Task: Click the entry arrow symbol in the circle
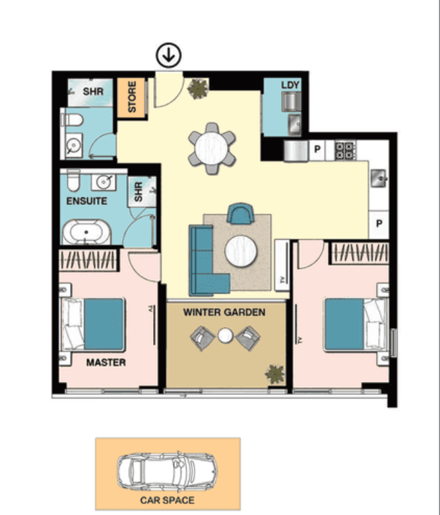pyautogui.click(x=168, y=55)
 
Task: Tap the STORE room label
pyautogui.click(x=132, y=97)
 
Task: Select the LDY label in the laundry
pyautogui.click(x=290, y=85)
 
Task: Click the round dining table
pyautogui.click(x=212, y=148)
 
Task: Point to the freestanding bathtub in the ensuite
pyautogui.click(x=87, y=232)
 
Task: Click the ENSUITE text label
pyautogui.click(x=87, y=201)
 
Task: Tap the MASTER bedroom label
pyautogui.click(x=106, y=362)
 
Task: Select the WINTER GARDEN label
pyautogui.click(x=224, y=312)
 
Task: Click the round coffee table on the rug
pyautogui.click(x=241, y=251)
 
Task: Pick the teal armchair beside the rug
pyautogui.click(x=241, y=213)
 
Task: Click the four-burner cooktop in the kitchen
pyautogui.click(x=345, y=150)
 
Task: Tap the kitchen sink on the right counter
pyautogui.click(x=379, y=178)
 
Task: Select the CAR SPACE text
pyautogui.click(x=167, y=501)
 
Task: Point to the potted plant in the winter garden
pyautogui.click(x=275, y=374)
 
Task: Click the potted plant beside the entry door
pyautogui.click(x=198, y=89)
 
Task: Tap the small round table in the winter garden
pyautogui.click(x=225, y=336)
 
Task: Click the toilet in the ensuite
pyautogui.click(x=73, y=180)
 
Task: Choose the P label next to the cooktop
pyautogui.click(x=317, y=149)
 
